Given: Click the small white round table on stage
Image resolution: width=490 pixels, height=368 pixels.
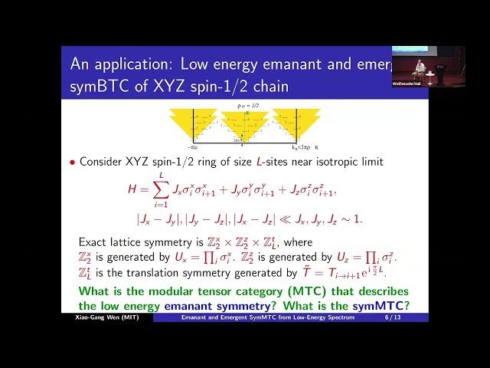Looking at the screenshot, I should [430, 75].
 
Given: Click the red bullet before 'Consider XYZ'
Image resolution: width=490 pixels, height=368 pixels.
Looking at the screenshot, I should [73, 163].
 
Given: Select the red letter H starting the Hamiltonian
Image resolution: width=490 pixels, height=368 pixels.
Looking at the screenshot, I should [132, 189].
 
